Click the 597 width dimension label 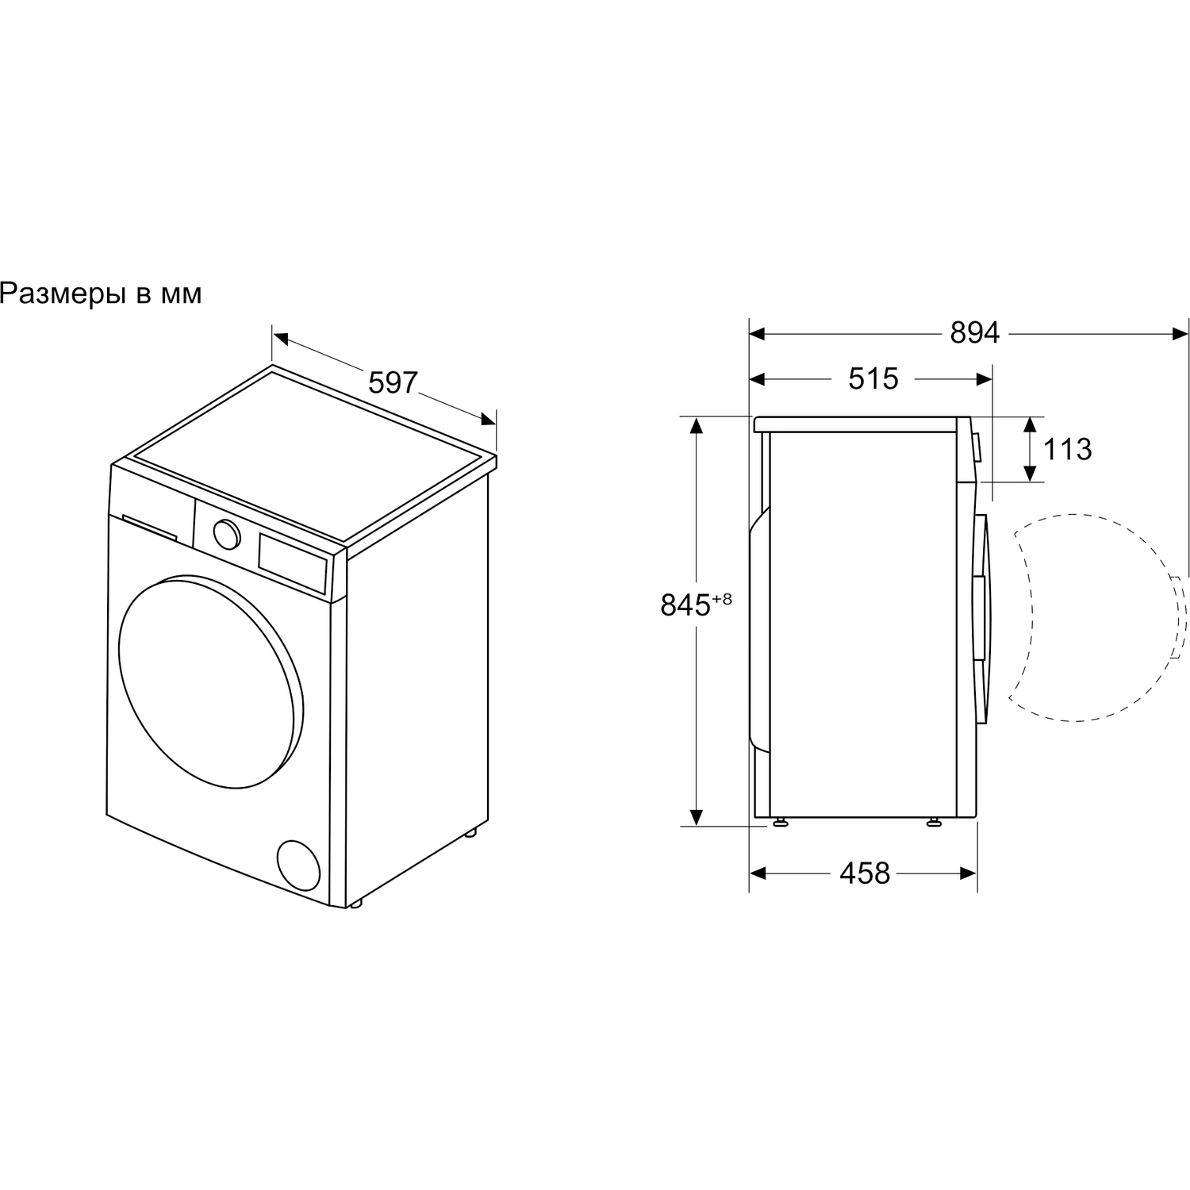[393, 383]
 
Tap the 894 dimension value [975, 334]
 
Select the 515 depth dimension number [873, 379]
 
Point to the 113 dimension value [1067, 450]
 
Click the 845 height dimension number [685, 605]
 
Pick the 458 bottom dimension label [865, 873]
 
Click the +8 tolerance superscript [721, 599]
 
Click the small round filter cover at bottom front [298, 866]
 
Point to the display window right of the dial [293, 562]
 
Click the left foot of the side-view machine [781, 821]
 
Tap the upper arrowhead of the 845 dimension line [697, 425]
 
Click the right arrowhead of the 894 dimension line [1180, 334]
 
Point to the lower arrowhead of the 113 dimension [1030, 473]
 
